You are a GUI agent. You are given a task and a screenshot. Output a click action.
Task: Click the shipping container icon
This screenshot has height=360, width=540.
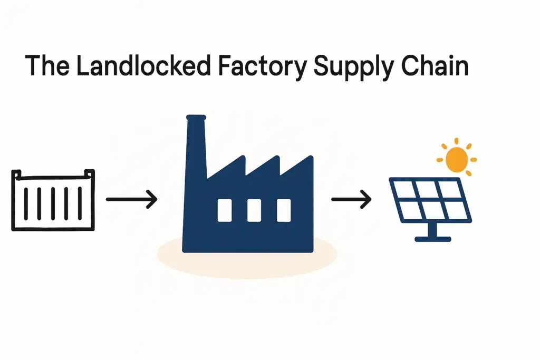point(53,200)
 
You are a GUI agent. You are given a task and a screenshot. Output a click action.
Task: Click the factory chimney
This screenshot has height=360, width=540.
point(196,142)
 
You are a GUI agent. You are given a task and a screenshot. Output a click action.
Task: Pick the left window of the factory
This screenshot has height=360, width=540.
point(225,210)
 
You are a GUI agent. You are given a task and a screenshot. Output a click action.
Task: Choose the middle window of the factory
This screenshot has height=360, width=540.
point(254,210)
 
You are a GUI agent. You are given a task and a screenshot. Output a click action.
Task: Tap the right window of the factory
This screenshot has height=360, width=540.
point(284,210)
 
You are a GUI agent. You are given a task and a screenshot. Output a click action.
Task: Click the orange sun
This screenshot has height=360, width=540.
point(457,158)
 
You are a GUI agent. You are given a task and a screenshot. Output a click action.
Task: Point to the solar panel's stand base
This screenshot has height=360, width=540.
point(433,239)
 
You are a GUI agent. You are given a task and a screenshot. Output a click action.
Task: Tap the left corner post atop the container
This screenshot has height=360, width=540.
point(16,174)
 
